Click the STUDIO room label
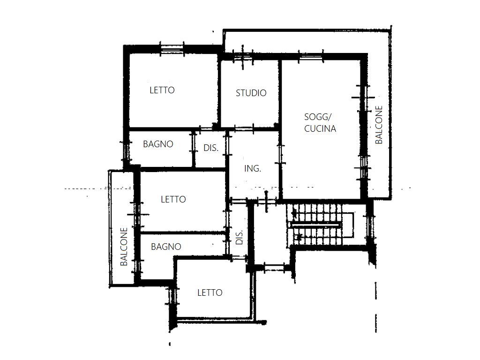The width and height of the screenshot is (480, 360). (251, 93)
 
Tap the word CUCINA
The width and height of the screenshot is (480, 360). (320, 128)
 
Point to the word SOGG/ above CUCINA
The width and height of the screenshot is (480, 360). (318, 117)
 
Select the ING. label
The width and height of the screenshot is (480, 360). (253, 168)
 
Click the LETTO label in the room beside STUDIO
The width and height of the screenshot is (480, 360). (162, 90)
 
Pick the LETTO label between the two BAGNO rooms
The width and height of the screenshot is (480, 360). (173, 200)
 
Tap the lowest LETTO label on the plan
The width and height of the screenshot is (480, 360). (210, 293)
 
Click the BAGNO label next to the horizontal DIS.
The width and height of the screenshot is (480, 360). (158, 144)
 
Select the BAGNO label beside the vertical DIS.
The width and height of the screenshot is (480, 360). (166, 247)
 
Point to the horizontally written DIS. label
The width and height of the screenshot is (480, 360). (211, 148)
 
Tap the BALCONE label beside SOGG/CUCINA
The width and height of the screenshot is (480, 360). (379, 125)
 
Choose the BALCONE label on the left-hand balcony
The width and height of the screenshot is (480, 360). (124, 247)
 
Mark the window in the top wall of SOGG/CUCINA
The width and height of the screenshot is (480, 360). (311, 57)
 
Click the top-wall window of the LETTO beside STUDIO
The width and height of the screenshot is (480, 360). (172, 49)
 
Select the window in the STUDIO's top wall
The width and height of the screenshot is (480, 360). (243, 57)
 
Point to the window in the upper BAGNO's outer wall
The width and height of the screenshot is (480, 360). (126, 151)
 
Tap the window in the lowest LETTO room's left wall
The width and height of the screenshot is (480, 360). (172, 296)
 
